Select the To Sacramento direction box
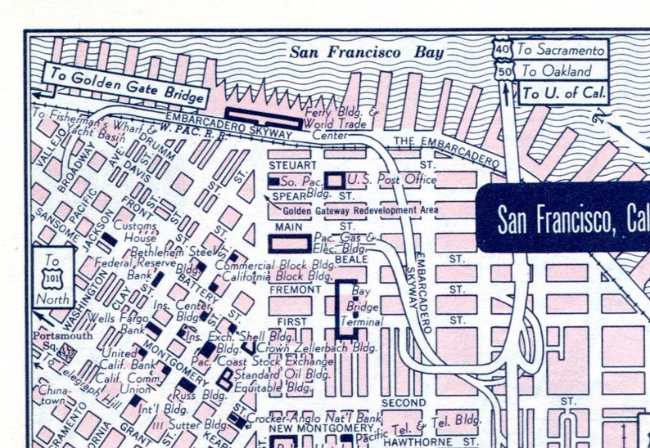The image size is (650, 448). tap(563, 49)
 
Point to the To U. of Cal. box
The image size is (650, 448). tap(563, 92)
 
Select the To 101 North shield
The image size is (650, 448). tap(53, 278)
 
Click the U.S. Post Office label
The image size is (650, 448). tap(390, 179)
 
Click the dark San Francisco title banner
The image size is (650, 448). tap(565, 217)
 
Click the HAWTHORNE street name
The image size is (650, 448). tap(404, 442)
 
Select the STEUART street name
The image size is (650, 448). tap(287, 165)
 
